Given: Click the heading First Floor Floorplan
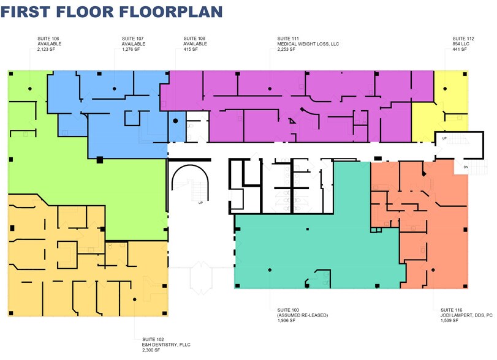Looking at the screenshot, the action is tap(112, 12).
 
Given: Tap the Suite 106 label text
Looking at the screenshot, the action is tap(48, 39).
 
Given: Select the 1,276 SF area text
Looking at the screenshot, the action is tap(131, 50).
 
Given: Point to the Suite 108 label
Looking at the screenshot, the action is tap(194, 39).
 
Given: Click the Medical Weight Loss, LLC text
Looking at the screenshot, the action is tap(308, 44).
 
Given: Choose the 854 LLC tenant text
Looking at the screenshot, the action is tap(461, 44).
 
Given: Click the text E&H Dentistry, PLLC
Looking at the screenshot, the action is tap(166, 345).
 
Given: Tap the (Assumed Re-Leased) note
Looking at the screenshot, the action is tap(303, 315).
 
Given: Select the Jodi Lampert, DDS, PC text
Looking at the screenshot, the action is tap(466, 315).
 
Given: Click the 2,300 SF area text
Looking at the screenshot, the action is tap(151, 350).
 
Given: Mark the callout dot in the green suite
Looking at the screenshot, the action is tap(30, 89).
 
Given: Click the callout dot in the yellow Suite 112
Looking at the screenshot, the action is tap(445, 89).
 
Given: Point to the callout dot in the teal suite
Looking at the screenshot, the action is tap(270, 270).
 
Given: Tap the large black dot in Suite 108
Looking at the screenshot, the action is tap(175, 121).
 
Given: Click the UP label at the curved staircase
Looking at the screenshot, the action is tap(200, 203).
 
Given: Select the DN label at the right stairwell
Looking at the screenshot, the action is tap(466, 167).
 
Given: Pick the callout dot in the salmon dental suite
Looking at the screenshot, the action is tap(433, 270).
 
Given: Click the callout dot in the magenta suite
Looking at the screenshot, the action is tap(270, 89).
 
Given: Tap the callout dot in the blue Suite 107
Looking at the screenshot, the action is tap(115, 89).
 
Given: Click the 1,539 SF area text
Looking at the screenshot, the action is tap(449, 321).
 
